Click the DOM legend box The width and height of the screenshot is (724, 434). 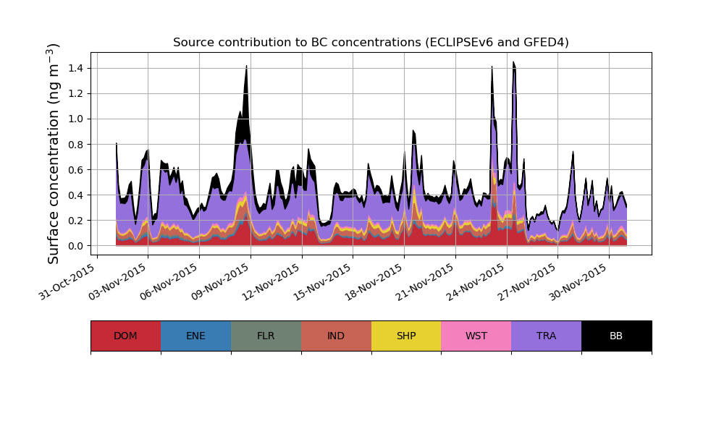tap(125, 336)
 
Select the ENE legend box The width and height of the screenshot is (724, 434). tap(195, 336)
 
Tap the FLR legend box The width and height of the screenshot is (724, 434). tap(266, 336)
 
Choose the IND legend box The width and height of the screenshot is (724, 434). tap(336, 336)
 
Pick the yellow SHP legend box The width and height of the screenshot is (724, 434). tap(406, 336)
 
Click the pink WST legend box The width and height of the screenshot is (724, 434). tap(476, 336)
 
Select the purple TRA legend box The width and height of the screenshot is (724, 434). tap(547, 336)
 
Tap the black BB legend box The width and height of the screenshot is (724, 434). tap(616, 336)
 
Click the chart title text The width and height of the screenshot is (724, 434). tap(371, 43)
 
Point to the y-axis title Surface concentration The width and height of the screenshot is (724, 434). tap(54, 153)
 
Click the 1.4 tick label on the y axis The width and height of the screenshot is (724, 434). tap(75, 68)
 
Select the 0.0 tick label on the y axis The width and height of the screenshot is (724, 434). tap(75, 246)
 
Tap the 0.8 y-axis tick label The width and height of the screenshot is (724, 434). tap(75, 144)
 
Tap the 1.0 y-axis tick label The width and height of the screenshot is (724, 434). tap(75, 119)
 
